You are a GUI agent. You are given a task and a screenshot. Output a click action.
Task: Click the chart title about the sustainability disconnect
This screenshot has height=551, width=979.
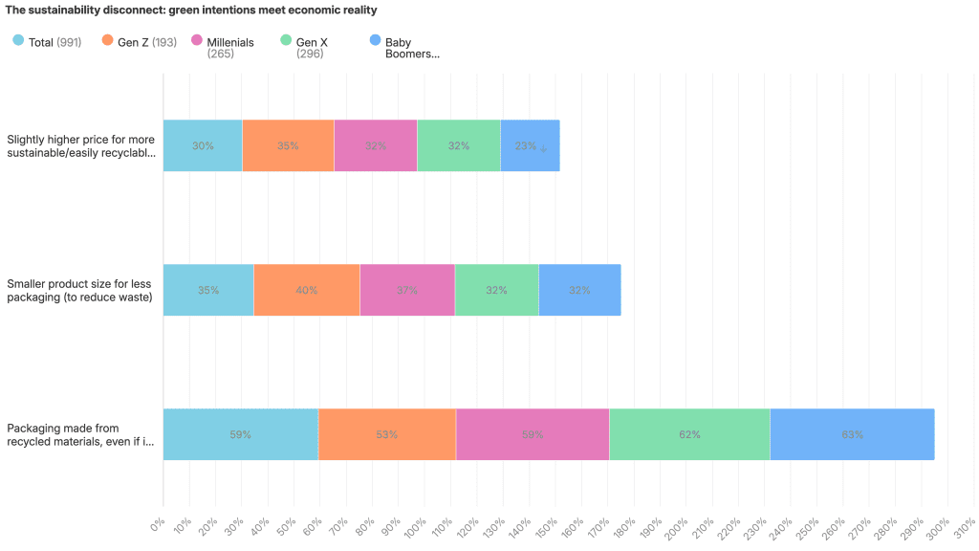pyautogui.click(x=191, y=11)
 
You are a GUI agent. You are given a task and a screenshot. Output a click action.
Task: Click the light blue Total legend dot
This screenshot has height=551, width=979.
pyautogui.click(x=18, y=41)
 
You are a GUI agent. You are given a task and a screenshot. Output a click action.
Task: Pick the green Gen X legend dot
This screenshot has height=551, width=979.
pyautogui.click(x=285, y=41)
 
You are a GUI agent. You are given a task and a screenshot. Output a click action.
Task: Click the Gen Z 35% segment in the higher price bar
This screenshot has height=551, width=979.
pyautogui.click(x=288, y=145)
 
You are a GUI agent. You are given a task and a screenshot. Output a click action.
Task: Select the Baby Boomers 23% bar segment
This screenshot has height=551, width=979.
pyautogui.click(x=530, y=145)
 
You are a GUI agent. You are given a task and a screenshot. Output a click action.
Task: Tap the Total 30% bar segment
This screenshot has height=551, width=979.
pyautogui.click(x=203, y=145)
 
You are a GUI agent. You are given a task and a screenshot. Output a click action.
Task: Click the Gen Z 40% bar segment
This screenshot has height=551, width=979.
pyautogui.click(x=306, y=290)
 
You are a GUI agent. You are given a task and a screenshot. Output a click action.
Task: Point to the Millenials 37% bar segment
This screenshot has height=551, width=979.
pyautogui.click(x=406, y=290)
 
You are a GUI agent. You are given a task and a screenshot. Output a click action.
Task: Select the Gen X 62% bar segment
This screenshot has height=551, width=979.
pyautogui.click(x=689, y=434)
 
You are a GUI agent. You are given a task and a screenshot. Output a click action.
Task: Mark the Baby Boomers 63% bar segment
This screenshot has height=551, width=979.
pyautogui.click(x=852, y=434)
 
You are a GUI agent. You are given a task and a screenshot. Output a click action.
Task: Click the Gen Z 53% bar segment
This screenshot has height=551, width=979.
pyautogui.click(x=386, y=434)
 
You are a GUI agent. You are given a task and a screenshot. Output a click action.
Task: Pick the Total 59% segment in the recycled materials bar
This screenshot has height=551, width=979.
pyautogui.click(x=240, y=434)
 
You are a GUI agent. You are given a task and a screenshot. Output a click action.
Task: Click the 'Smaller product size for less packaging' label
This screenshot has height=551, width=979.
pyautogui.click(x=79, y=290)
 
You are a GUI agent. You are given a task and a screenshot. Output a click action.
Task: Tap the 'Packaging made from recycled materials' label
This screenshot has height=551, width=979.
pyautogui.click(x=80, y=434)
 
